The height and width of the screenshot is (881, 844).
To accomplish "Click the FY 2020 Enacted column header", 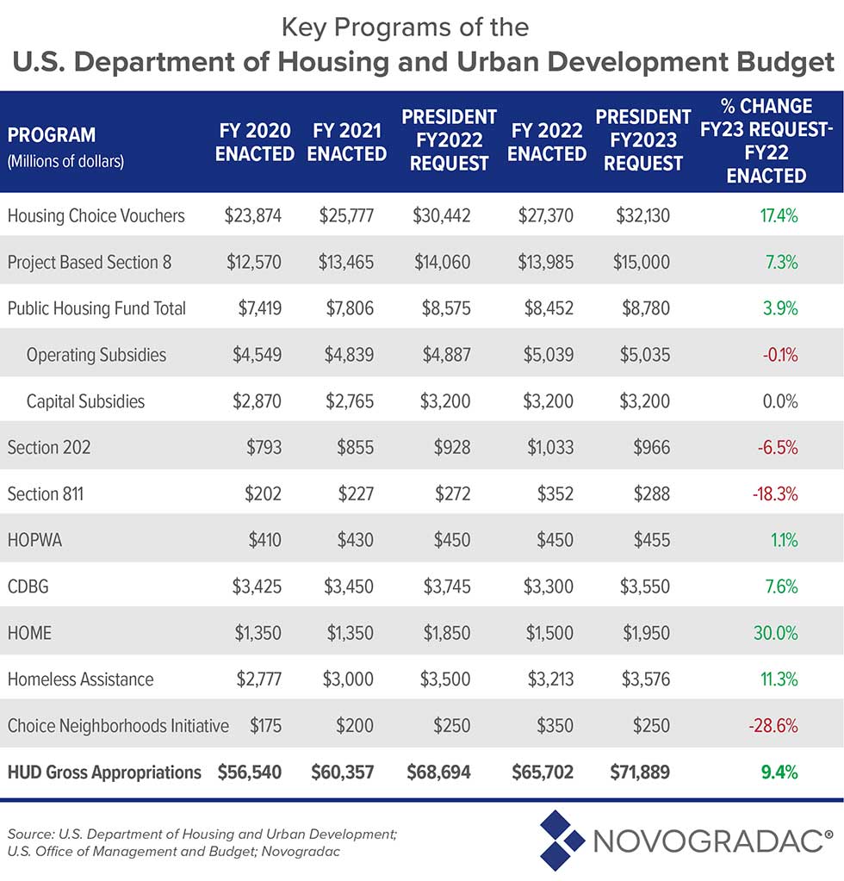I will [x=253, y=142].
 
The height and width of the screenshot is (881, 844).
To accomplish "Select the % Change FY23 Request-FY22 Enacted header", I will [x=766, y=140].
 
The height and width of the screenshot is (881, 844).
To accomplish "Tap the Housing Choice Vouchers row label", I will [x=96, y=215].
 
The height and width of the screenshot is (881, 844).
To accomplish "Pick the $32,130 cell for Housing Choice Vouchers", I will [x=644, y=215].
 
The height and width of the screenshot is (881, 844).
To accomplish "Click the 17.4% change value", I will [x=779, y=215].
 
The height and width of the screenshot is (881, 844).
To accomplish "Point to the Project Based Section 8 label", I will [x=90, y=262].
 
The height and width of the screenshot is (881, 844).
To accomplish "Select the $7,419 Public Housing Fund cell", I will [x=257, y=307].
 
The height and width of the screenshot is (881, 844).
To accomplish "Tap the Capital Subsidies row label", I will [x=85, y=400].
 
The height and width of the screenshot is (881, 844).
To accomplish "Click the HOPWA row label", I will [x=36, y=540].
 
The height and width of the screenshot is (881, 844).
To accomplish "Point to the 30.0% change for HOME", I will [x=778, y=633].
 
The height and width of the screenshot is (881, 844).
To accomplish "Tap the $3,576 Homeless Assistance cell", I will [x=644, y=679].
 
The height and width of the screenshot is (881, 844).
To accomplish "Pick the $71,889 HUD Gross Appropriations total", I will [x=642, y=772].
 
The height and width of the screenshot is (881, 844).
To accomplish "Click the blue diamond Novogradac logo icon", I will [x=562, y=837].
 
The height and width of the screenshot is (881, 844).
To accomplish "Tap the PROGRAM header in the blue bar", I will [x=51, y=135].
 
